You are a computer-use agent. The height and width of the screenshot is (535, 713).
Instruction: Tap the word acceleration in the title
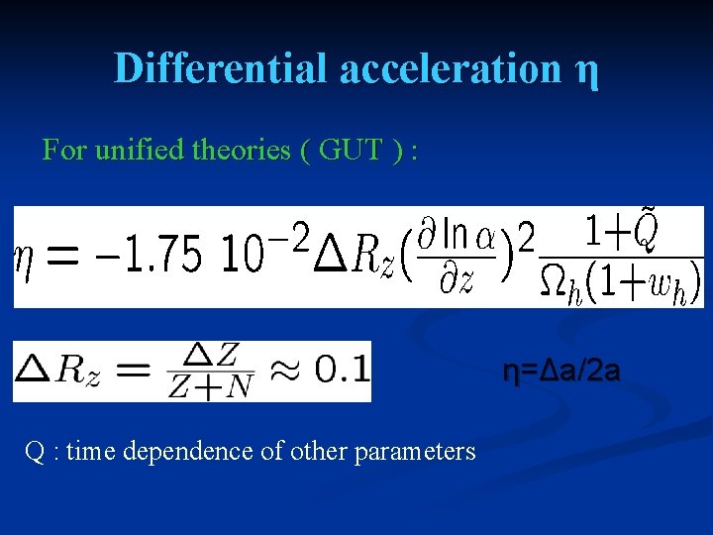tap(450, 68)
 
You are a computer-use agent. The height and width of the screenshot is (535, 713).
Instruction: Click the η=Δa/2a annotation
tap(561, 373)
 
